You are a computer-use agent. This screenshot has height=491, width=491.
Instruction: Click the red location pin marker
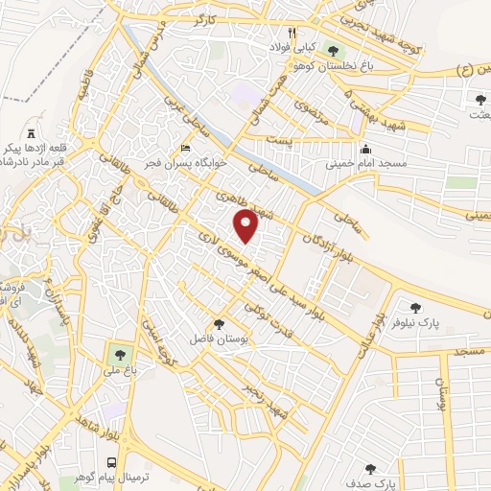click(247, 226)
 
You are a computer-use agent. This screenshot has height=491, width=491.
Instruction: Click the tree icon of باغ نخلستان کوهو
click(333, 51)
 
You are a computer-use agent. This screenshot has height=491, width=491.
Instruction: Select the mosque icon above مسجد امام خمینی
click(365, 149)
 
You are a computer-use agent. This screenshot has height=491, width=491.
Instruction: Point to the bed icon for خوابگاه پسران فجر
click(186, 149)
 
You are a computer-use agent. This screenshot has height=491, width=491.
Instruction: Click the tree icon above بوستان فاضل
click(220, 324)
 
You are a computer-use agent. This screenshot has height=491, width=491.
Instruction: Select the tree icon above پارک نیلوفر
click(415, 307)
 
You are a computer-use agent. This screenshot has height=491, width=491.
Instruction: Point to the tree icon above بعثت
click(479, 98)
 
